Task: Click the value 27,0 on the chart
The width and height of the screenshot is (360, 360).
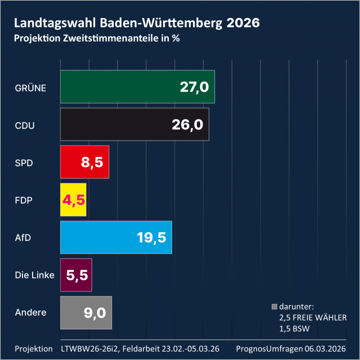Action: [195, 87]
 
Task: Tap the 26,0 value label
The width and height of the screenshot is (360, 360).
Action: [188, 125]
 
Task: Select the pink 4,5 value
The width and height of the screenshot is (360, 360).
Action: [73, 200]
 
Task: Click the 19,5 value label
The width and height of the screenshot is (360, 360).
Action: [151, 237]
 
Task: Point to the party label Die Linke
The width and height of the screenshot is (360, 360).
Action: [35, 275]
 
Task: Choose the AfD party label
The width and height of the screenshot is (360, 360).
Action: [22, 237]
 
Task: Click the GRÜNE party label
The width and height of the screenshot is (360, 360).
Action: [30, 87]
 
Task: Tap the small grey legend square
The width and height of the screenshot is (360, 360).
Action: [274, 307]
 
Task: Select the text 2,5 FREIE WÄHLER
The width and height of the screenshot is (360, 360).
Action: [313, 317]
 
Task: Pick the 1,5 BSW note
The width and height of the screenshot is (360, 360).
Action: [295, 327]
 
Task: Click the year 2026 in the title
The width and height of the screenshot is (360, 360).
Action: [243, 23]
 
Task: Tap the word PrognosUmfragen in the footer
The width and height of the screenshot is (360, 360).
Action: [270, 348]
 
